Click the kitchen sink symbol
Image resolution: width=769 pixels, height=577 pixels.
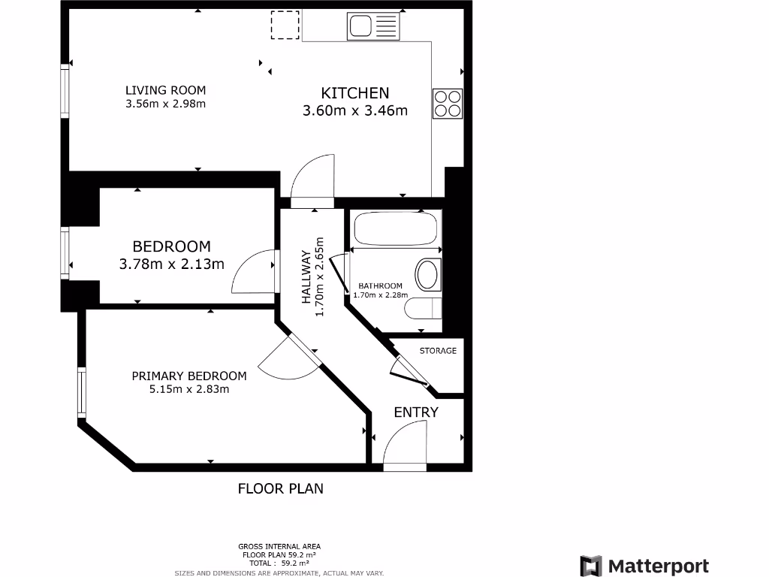click(373, 27)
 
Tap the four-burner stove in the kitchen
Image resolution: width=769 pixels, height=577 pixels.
click(447, 104)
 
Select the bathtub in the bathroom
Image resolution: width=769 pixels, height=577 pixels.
click(395, 230)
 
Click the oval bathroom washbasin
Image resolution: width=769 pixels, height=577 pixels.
click(429, 274)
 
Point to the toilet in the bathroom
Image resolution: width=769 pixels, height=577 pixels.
click(425, 309)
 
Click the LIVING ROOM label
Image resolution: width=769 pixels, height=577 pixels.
click(165, 91)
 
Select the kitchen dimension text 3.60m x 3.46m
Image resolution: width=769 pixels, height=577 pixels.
click(354, 111)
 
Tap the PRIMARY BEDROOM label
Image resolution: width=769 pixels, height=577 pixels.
click(189, 376)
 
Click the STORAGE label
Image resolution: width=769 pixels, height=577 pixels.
click(438, 351)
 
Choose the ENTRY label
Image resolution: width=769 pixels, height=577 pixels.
click(416, 412)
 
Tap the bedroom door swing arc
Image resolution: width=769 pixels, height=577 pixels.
click(252, 272)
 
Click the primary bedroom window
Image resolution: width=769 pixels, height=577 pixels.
click(81, 391)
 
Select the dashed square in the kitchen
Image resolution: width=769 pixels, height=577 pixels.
click(285, 26)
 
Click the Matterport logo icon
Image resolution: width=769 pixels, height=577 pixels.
click(591, 566)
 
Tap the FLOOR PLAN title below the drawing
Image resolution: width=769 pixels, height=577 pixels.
click(281, 488)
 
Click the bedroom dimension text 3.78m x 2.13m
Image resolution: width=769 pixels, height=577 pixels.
click(171, 264)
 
